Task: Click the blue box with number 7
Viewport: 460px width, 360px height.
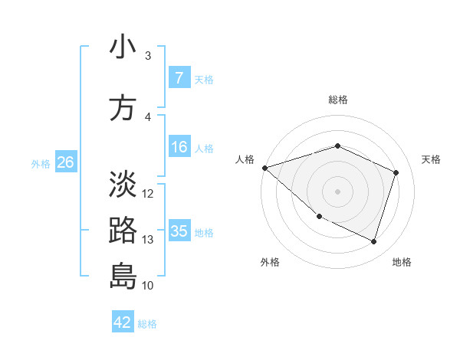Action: (179, 77)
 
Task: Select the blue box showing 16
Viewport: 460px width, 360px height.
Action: (179, 147)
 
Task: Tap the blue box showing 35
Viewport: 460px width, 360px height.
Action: (179, 231)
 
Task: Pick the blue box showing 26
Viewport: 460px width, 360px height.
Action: (65, 162)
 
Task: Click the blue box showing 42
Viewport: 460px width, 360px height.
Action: (123, 322)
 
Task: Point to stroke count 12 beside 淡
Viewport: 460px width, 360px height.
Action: (149, 193)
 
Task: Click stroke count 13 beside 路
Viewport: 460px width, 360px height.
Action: (149, 240)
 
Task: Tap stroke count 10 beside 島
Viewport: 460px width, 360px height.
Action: (149, 286)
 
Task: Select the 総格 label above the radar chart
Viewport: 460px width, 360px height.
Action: (338, 100)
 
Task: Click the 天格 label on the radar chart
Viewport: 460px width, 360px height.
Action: (431, 159)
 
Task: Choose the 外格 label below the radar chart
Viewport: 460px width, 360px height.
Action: (270, 262)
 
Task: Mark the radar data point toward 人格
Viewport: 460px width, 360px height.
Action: (264, 168)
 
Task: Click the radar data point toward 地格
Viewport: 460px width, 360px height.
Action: (373, 242)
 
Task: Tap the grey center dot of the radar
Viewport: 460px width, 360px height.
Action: (337, 191)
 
